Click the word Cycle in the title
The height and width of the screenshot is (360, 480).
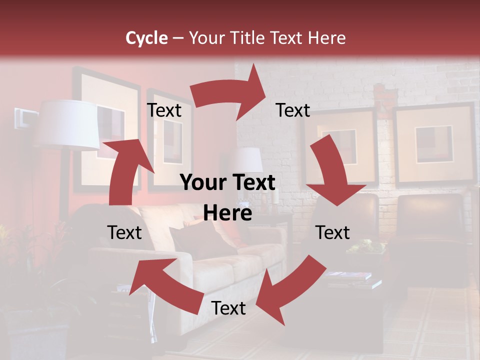[x=146, y=38]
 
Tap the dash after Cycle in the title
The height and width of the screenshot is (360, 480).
[x=177, y=38]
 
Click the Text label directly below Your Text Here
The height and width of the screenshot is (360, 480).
[x=228, y=308]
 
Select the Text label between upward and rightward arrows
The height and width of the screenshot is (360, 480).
[x=164, y=110]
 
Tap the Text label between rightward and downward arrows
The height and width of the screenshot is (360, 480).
[x=293, y=110]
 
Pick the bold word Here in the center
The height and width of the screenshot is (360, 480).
[x=227, y=213]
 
